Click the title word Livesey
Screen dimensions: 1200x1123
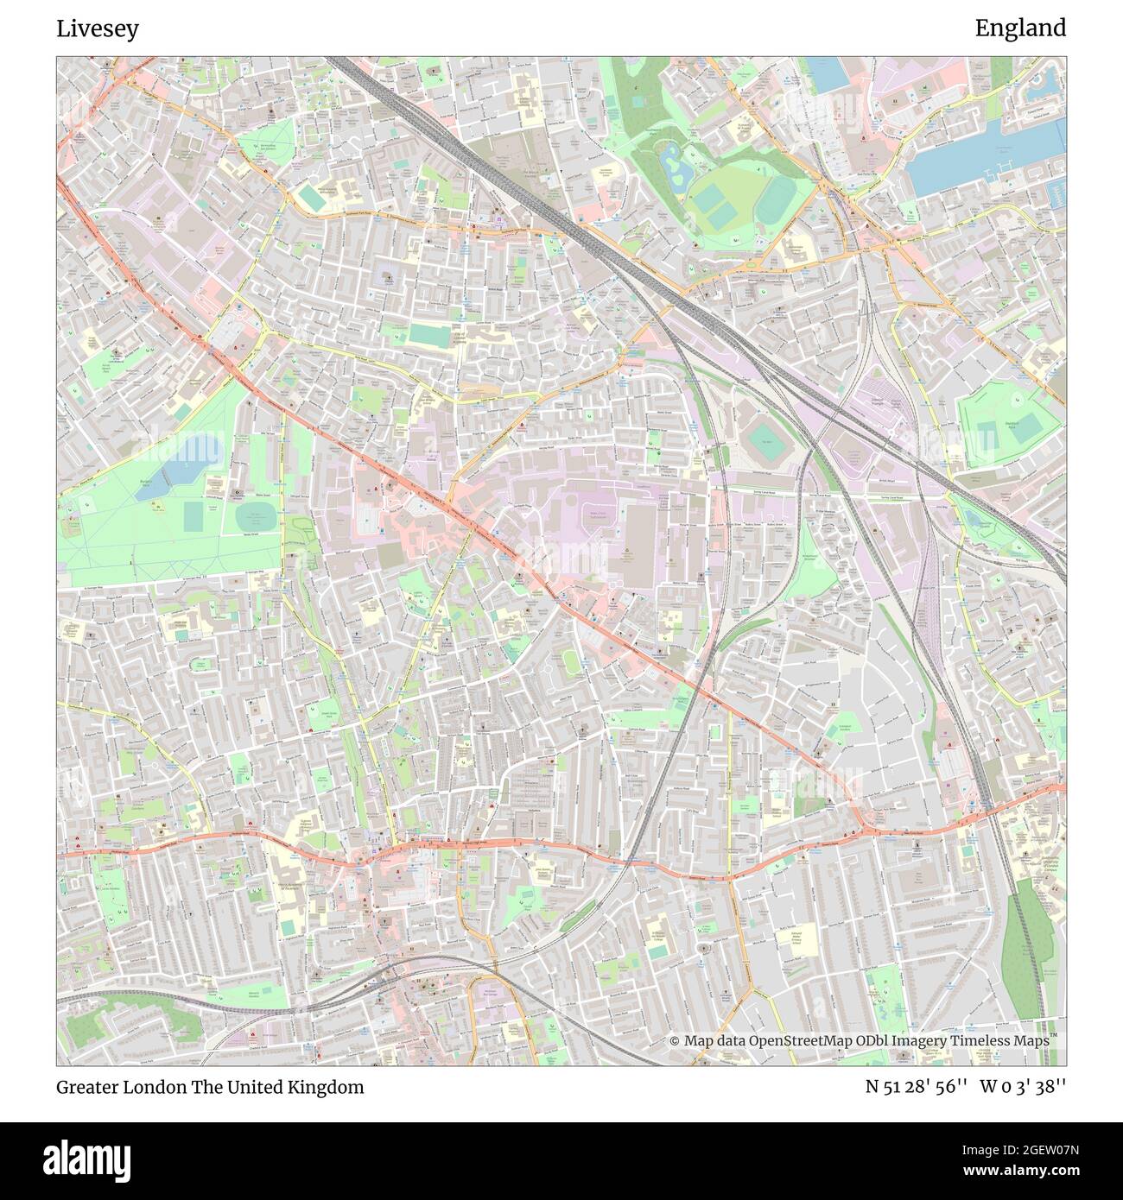click(x=98, y=28)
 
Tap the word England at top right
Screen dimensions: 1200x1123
click(x=1020, y=28)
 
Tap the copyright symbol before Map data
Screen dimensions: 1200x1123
click(x=675, y=1041)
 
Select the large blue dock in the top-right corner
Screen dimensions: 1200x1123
click(x=985, y=155)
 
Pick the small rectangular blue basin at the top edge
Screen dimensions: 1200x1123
click(x=829, y=74)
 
